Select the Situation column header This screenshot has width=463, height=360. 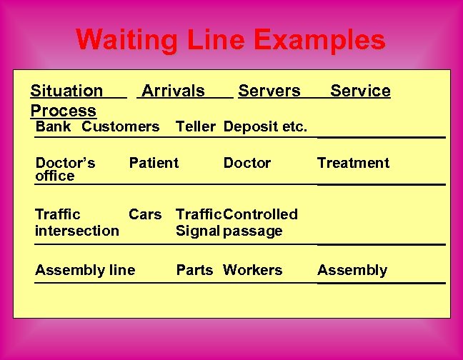[66, 91]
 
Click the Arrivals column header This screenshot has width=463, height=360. [173, 91]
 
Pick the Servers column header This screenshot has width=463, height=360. [269, 91]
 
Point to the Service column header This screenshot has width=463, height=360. [360, 91]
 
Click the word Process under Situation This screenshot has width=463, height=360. [63, 111]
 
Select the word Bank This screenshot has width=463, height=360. [54, 127]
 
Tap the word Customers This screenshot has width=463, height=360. [121, 127]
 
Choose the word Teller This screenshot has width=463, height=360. [195, 127]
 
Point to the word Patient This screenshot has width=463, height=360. [154, 163]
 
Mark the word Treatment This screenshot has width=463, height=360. [353, 163]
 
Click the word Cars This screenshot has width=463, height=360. [145, 214]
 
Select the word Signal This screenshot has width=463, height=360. [198, 231]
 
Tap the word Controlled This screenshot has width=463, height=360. [260, 214]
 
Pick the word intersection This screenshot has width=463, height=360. [77, 231]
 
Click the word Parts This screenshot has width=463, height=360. [194, 270]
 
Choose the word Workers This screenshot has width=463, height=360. [252, 270]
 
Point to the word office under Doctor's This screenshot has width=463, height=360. [54, 176]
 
